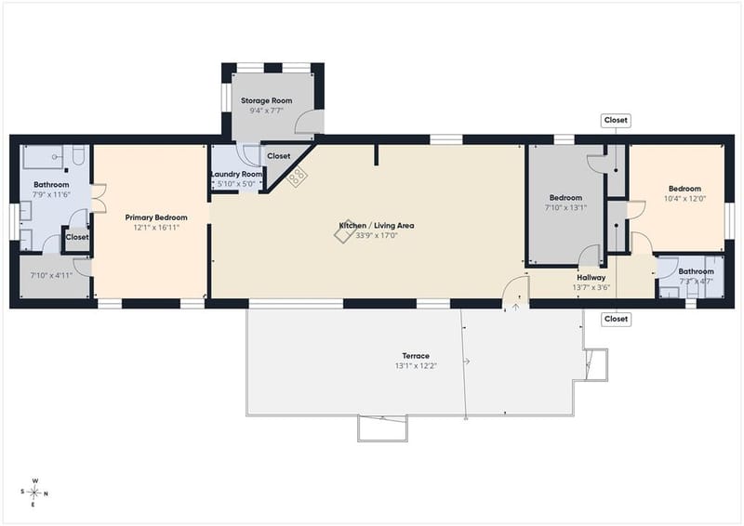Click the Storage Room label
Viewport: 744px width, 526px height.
coord(266,100)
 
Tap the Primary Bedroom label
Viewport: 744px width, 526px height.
coord(156,217)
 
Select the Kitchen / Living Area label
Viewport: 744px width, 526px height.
coord(377,225)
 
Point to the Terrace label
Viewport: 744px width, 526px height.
coord(416,356)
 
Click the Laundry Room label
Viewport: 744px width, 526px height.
coord(236,174)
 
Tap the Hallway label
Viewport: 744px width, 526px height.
coord(591,278)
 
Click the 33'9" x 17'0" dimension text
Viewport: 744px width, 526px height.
coord(377,235)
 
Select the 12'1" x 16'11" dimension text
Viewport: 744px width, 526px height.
coord(156,228)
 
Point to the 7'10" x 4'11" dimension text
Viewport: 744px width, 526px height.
coord(51,275)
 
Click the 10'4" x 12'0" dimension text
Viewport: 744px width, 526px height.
coord(684,199)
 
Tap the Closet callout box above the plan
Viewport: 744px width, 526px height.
coord(616,121)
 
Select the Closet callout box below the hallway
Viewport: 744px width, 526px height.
coord(616,319)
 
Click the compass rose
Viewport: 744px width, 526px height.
coord(34,493)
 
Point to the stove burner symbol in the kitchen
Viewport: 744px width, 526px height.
coord(297,177)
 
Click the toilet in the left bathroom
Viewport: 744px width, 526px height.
coord(79,154)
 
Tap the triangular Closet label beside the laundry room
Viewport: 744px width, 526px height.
coord(278,156)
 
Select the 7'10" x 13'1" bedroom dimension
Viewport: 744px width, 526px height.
coord(565,208)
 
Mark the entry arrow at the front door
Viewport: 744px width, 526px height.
coord(516,308)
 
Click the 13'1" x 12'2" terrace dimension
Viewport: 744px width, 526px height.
coord(416,365)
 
